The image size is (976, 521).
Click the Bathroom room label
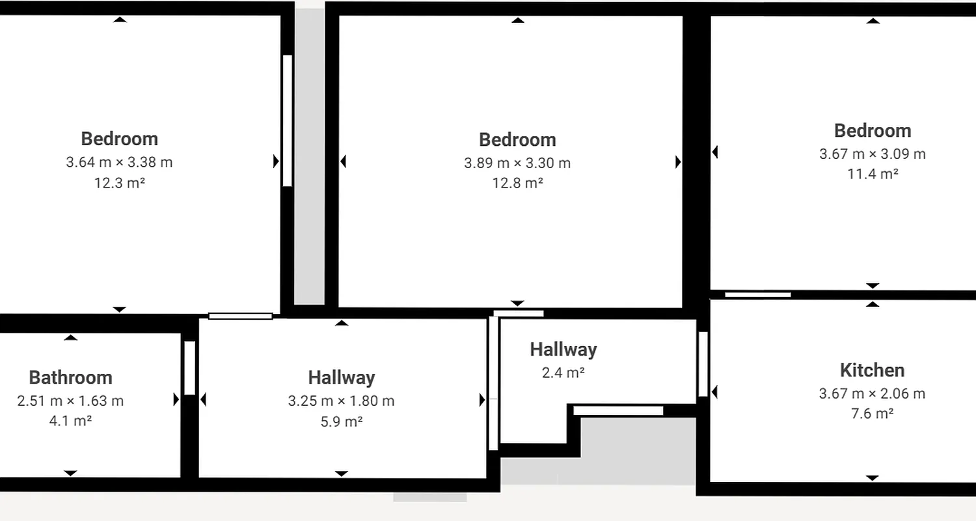pos(70,378)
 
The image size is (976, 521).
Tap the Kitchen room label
pos(872,371)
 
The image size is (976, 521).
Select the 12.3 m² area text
pos(119,183)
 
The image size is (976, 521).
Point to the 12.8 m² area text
pos(517,184)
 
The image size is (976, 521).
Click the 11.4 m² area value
pos(872,174)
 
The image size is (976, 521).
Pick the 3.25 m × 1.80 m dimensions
pos(341,401)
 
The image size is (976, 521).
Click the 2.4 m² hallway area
pos(563,373)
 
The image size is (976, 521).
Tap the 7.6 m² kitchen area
pos(872,414)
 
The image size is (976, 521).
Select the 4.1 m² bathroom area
pos(70,421)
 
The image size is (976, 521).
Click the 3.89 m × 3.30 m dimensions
pos(517,163)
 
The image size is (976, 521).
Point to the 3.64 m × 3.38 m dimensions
pos(119,162)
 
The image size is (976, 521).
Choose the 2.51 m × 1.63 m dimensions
pos(70,401)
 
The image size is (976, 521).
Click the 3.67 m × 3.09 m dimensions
pos(872,154)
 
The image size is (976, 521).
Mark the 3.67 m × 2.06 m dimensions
pos(872,394)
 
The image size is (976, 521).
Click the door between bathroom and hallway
pos(189,368)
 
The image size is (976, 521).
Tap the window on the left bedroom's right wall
pos(288,121)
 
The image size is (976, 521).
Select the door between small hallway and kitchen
pos(703,365)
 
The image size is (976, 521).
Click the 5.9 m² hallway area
pos(341,421)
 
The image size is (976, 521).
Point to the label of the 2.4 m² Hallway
pos(563,350)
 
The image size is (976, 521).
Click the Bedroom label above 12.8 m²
pos(517,140)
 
